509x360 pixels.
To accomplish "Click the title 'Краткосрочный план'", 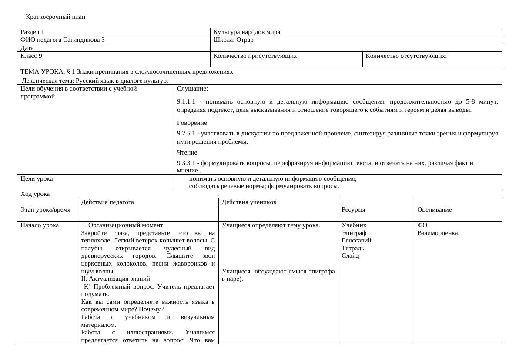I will (55, 17).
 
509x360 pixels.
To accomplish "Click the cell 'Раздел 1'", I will (32, 32).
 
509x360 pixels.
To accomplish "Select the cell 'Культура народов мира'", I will (247, 32).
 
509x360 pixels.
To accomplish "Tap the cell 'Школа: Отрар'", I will (233, 40).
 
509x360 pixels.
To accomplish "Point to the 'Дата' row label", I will (27, 48).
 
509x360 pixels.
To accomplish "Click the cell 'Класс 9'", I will (31, 56).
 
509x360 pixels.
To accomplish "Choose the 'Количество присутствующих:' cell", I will (256, 56).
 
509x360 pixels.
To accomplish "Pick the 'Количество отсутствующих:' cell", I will (406, 56).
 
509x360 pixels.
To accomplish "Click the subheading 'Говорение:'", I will (193, 123).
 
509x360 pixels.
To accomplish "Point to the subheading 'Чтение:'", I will (188, 152).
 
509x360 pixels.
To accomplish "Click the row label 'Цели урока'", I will (37, 178).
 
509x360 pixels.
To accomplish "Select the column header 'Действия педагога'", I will (107, 202).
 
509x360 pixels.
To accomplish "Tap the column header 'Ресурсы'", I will (353, 209).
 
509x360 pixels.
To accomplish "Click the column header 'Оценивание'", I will (434, 209).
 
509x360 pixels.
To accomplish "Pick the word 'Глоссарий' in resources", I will (356, 240).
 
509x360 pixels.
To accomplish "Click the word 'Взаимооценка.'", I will (438, 233).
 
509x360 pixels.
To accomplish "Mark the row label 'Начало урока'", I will (40, 225).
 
